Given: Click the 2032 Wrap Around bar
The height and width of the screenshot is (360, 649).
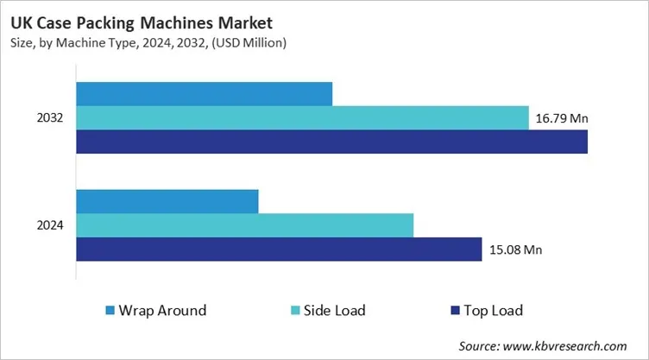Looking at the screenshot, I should (205, 94).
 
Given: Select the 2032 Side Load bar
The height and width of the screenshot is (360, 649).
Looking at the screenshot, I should (302, 118).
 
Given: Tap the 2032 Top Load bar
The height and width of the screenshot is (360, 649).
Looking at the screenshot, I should (331, 142).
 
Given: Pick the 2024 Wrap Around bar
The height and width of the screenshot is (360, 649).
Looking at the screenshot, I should (167, 201).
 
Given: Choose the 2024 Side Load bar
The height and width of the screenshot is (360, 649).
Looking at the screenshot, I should (245, 225).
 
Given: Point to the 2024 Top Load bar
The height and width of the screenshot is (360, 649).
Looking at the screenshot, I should (279, 249).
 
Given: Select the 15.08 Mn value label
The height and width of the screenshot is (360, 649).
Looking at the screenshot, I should (516, 250).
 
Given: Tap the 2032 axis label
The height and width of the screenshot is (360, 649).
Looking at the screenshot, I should (49, 118).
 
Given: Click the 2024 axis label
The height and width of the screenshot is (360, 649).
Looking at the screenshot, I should (49, 225).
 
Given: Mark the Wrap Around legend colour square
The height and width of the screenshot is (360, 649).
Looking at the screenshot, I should (110, 310).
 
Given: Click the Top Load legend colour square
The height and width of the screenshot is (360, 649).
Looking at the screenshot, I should (454, 310).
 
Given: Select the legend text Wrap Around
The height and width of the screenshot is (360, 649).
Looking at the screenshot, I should (162, 310).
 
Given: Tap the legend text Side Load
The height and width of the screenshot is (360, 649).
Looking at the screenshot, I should (335, 310).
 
